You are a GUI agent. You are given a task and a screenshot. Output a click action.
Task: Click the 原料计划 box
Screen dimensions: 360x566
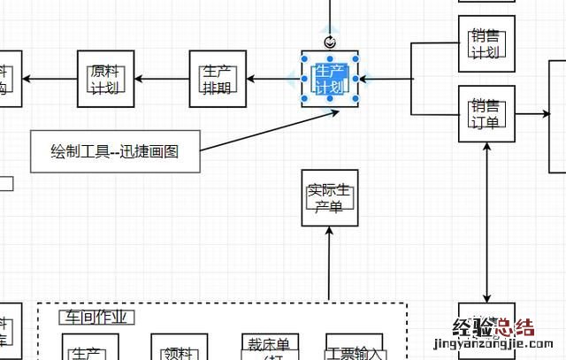(x=106, y=79)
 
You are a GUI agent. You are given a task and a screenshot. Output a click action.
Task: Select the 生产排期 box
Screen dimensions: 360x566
(x=217, y=79)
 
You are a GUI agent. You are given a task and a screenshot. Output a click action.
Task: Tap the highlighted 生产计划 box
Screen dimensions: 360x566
(x=331, y=79)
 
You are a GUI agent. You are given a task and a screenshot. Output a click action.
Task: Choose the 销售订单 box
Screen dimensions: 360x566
(x=486, y=114)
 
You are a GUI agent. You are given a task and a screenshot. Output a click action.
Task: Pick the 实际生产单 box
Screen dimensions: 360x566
(x=329, y=198)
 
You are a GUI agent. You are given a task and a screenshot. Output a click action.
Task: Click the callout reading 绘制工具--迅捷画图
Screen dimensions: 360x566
(x=114, y=151)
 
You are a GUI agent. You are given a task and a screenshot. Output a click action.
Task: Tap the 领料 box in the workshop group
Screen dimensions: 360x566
(x=180, y=349)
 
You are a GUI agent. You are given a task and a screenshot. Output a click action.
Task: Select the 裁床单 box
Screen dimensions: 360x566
(x=270, y=346)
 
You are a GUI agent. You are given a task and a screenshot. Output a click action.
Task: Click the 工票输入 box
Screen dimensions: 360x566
(x=356, y=349)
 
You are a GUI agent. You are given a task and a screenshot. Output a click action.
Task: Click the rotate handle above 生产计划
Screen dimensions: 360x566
(x=331, y=42)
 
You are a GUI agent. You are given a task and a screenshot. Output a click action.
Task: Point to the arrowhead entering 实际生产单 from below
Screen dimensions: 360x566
(x=329, y=233)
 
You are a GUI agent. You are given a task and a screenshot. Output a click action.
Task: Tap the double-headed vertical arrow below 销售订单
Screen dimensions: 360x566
(x=487, y=221)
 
